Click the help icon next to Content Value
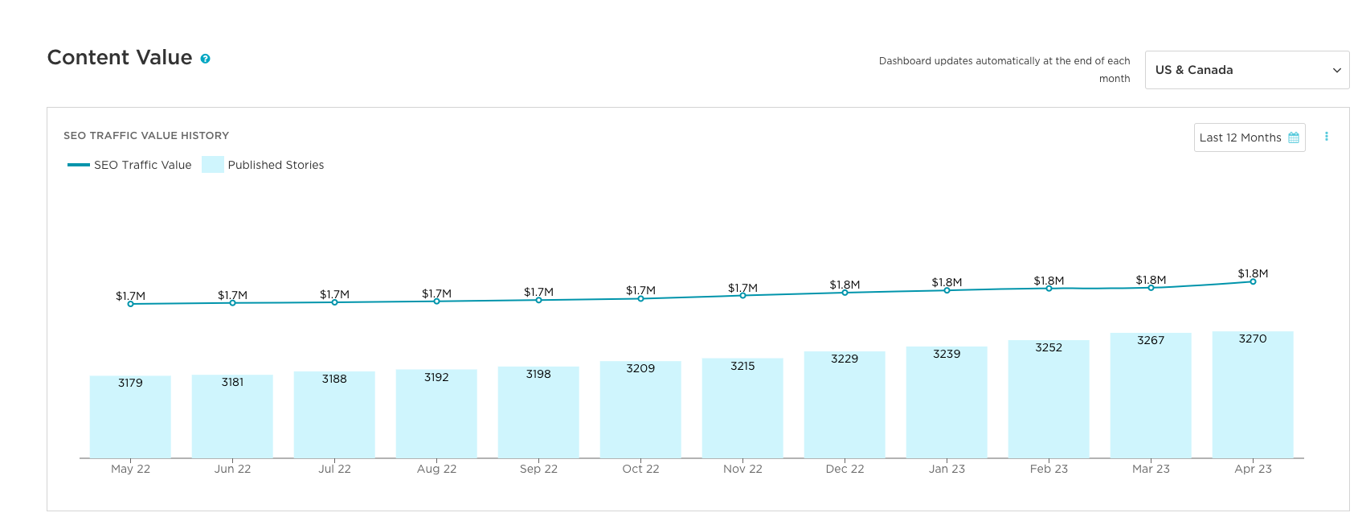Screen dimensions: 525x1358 click(205, 59)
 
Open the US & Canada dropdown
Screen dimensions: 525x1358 click(1246, 70)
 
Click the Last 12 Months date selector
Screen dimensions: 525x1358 click(1249, 137)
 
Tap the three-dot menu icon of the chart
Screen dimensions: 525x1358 click(1326, 137)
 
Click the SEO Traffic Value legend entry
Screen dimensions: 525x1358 click(130, 165)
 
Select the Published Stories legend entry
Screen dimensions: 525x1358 click(264, 165)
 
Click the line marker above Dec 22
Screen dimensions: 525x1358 click(845, 293)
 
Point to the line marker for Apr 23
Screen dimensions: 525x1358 click(1253, 281)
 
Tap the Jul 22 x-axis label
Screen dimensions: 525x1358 click(334, 469)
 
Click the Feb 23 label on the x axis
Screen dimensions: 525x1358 click(1049, 469)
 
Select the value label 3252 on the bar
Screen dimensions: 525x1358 click(1049, 347)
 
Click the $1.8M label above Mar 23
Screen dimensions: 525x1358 click(1151, 280)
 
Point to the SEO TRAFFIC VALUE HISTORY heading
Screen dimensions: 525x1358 click(146, 135)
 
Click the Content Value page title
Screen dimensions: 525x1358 click(120, 58)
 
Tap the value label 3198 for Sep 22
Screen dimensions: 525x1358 click(538, 374)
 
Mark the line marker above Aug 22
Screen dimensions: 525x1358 click(436, 301)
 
